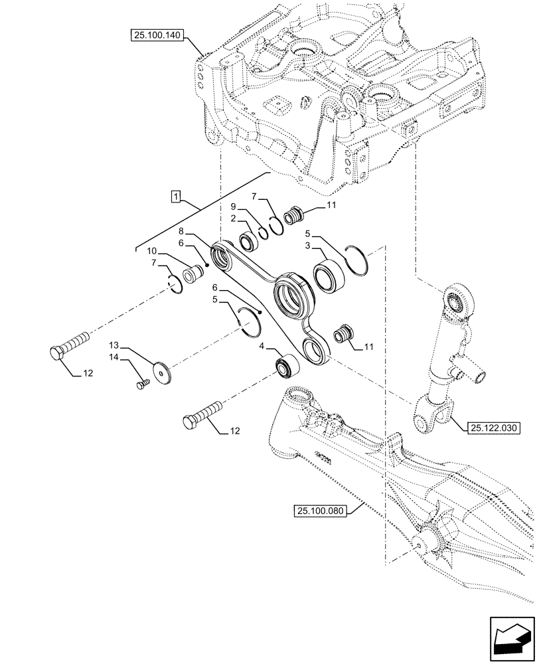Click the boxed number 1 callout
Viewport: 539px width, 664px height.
click(175, 196)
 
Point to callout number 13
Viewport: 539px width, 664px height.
click(116, 345)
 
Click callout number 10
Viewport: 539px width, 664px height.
click(152, 251)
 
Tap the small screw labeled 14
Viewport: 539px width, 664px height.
click(141, 384)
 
